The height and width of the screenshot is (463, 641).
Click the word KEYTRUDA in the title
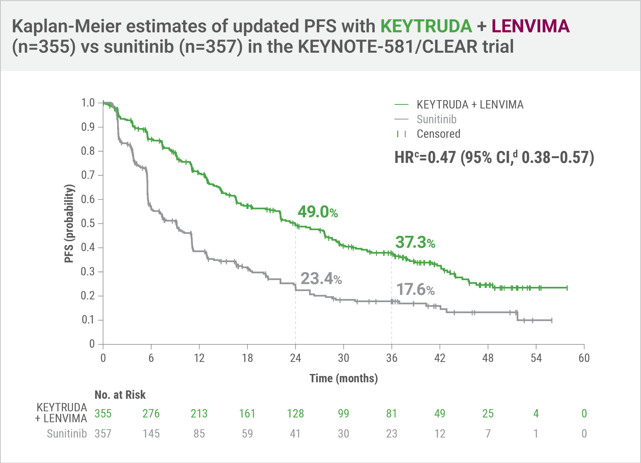(x=426, y=26)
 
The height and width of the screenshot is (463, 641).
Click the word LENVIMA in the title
(x=530, y=26)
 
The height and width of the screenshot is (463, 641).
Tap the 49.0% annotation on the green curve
(x=317, y=212)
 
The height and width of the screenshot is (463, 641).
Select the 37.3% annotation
(x=415, y=243)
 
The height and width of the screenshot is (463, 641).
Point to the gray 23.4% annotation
(x=321, y=279)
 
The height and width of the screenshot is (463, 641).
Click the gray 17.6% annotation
(x=415, y=289)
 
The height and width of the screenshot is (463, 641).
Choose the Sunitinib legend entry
(x=436, y=119)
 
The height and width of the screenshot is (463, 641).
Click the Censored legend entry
(x=438, y=134)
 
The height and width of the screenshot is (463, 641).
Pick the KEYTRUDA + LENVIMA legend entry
(x=470, y=105)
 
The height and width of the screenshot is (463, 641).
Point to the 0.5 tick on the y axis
(x=88, y=224)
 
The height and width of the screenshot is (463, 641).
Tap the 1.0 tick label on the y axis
(x=88, y=103)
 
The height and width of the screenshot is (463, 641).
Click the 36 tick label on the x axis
(x=392, y=358)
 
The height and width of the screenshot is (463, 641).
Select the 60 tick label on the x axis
(x=584, y=358)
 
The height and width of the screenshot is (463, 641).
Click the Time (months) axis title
(x=343, y=378)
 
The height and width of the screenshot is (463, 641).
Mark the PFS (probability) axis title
(x=69, y=224)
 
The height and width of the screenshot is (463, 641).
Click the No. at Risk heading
(x=120, y=395)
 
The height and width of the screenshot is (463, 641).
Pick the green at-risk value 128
(x=295, y=414)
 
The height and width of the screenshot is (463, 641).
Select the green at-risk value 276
(x=151, y=414)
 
